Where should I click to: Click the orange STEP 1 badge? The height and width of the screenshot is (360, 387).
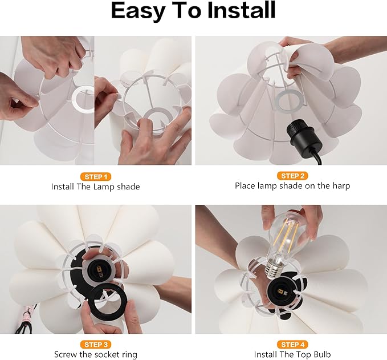pos(96,177)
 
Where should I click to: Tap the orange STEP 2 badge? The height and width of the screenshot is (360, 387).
pos(292,176)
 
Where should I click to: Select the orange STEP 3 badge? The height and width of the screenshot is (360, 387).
pos(96,345)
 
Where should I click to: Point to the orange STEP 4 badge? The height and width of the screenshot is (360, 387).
pos(292,345)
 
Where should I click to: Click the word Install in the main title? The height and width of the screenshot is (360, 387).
pos(241,10)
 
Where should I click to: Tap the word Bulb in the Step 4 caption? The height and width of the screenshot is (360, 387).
pos(322,354)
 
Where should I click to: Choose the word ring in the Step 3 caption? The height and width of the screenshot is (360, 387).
pos(129,355)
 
